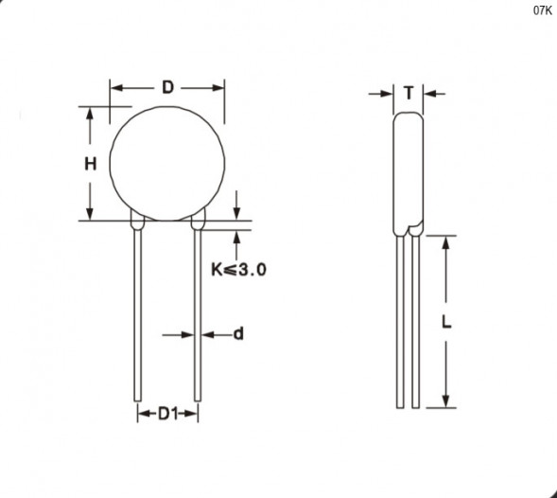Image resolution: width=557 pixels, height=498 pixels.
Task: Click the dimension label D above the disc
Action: [167, 87]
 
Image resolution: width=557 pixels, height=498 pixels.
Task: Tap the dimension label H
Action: [90, 164]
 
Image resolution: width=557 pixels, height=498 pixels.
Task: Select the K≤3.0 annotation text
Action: [238, 269]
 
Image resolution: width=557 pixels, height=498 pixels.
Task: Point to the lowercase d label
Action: [238, 334]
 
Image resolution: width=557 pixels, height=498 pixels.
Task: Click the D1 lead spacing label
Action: [167, 414]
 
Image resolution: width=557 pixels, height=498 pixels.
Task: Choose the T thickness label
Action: [409, 93]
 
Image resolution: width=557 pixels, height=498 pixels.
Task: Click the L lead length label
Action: [446, 322]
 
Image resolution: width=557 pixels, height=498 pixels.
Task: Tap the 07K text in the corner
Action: [543, 10]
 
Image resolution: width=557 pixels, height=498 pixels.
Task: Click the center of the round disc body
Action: [167, 163]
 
